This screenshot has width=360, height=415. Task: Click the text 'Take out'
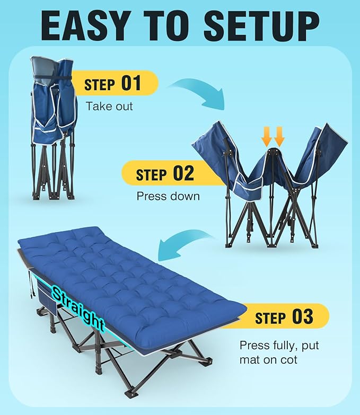pyautogui.click(x=109, y=106)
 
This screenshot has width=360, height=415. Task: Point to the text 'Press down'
pyautogui.click(x=168, y=196)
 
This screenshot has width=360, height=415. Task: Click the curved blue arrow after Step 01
pyautogui.click(x=198, y=92)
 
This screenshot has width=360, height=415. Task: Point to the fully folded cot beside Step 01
pyautogui.click(x=54, y=127)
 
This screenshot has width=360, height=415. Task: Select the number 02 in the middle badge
pyautogui.click(x=183, y=173)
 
